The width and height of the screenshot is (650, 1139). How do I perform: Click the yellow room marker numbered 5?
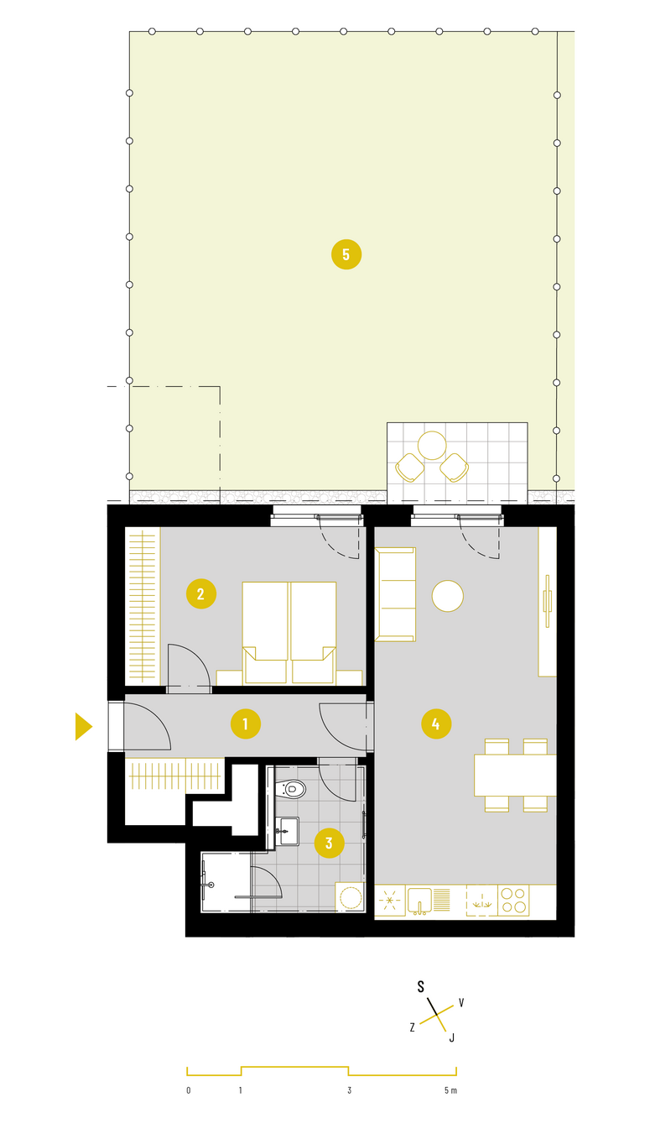click(346, 254)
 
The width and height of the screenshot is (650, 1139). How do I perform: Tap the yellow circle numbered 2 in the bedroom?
click(200, 593)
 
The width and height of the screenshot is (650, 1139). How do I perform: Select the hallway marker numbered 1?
click(246, 724)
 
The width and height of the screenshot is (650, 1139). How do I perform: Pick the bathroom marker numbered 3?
click(329, 843)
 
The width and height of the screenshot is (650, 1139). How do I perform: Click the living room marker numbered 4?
click(436, 724)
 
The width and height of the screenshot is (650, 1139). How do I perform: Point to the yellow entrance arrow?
click(84, 727)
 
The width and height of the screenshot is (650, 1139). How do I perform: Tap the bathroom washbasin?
click(287, 831)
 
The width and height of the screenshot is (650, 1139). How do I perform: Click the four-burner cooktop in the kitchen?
click(513, 901)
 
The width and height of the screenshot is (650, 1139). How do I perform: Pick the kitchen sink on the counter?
click(419, 901)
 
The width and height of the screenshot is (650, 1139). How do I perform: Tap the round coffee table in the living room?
click(447, 596)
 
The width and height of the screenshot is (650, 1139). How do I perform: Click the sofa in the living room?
click(395, 594)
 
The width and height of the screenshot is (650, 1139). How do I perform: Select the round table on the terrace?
click(432, 446)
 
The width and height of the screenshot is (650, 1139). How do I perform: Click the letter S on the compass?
click(420, 987)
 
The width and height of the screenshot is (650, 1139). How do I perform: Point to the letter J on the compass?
click(451, 1037)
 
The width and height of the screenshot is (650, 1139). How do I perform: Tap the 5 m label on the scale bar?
click(450, 1090)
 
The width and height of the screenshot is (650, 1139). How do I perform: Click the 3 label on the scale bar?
click(349, 1090)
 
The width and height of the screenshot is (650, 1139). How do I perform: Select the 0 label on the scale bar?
click(189, 1090)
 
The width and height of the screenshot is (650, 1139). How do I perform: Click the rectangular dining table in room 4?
click(515, 775)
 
